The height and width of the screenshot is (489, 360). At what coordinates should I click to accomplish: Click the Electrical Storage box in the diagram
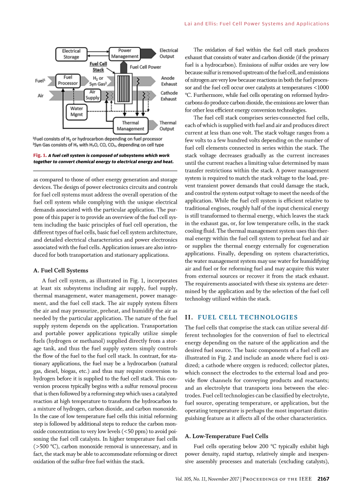[71, 54]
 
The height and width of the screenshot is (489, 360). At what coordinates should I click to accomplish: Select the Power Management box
[125, 54]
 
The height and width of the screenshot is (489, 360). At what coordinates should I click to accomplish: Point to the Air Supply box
[92, 95]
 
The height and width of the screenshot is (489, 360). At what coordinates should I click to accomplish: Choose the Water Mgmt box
[76, 111]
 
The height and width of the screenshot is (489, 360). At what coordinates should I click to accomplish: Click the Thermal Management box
[130, 126]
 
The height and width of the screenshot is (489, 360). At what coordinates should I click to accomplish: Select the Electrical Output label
[169, 53]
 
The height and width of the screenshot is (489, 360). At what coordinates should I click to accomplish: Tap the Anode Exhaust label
[169, 81]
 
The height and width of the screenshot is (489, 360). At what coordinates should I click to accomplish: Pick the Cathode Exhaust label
[169, 96]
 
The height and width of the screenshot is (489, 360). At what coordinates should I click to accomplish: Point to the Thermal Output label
[168, 126]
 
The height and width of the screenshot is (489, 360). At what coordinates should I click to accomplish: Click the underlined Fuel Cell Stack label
[98, 67]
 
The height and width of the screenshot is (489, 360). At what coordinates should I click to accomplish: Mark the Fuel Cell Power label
[145, 67]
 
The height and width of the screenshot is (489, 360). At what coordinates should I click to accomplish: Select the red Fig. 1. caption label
[40, 155]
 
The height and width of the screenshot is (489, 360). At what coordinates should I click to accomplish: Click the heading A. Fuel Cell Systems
[61, 270]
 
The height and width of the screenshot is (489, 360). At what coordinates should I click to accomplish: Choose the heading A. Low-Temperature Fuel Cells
[226, 436]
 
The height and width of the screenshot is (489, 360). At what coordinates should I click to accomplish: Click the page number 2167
[323, 479]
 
